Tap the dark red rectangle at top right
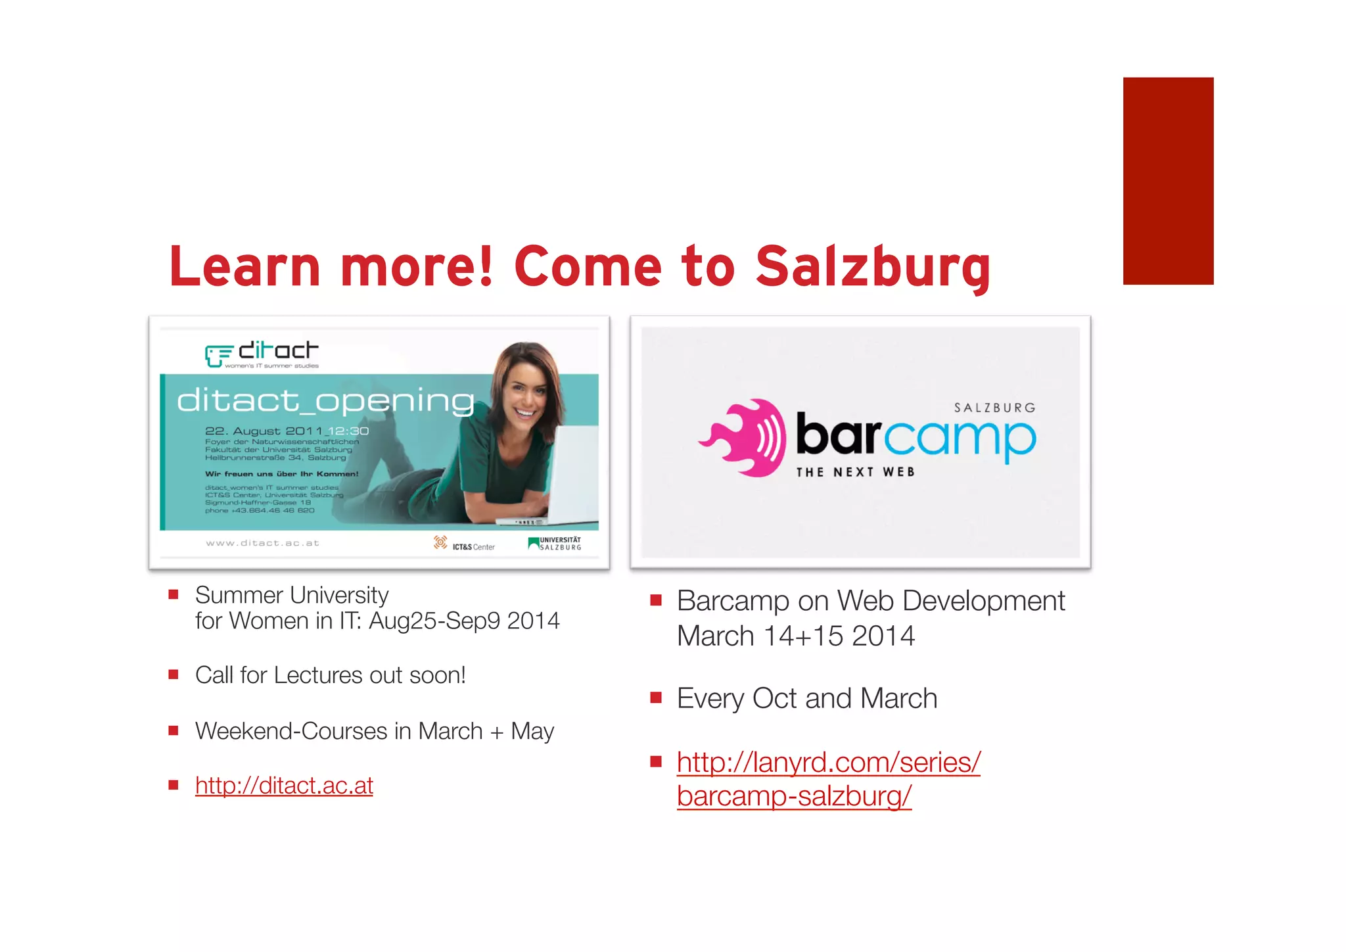click(1168, 181)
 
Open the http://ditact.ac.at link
click(284, 786)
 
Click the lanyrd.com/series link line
click(828, 763)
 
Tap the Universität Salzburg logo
click(555, 544)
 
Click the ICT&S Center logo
click(464, 544)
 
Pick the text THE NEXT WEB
click(855, 472)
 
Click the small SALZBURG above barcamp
click(994, 408)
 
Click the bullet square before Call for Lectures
click(174, 675)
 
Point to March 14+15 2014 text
click(795, 636)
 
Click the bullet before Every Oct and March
click(655, 698)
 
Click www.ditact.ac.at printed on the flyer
click(262, 543)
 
